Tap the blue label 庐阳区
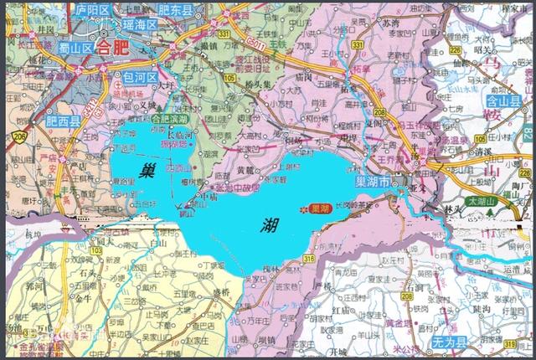pyautogui.click(x=92, y=10)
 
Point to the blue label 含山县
pyautogui.click(x=503, y=102)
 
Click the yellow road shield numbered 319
pyautogui.click(x=509, y=343)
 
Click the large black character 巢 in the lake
pyautogui.click(x=147, y=173)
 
